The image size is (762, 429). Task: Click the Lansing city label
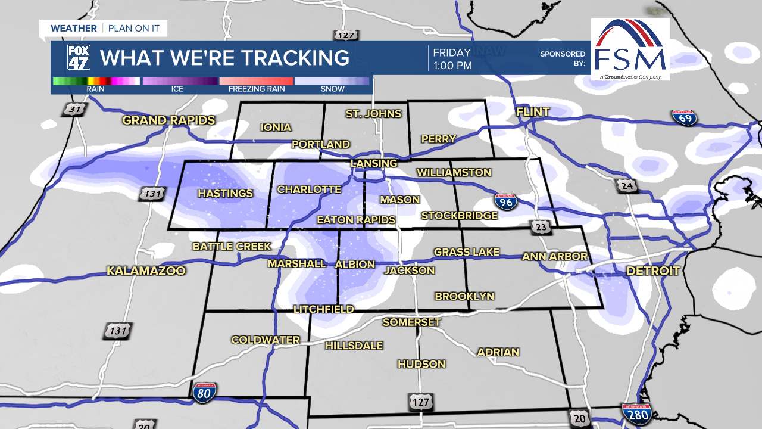click(x=373, y=163)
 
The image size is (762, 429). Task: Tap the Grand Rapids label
click(x=168, y=120)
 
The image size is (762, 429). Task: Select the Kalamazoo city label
click(x=146, y=271)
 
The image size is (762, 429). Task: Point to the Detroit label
click(x=652, y=271)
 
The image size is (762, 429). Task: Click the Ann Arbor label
click(x=555, y=257)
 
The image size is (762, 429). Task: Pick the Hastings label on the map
click(x=225, y=194)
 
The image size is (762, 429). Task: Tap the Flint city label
click(x=533, y=112)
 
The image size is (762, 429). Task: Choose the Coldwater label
click(x=266, y=340)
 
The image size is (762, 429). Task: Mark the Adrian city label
click(x=498, y=352)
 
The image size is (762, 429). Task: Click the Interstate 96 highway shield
click(x=505, y=202)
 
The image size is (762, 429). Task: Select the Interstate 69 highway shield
click(x=684, y=117)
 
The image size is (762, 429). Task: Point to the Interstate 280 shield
click(x=636, y=413)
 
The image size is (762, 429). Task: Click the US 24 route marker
click(x=627, y=186)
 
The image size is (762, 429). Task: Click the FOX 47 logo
click(x=79, y=58)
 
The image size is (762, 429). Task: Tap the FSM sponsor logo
click(x=630, y=49)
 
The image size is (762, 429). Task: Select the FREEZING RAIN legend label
click(x=257, y=89)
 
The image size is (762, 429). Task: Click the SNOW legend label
click(x=332, y=89)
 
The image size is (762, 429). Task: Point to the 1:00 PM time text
click(x=452, y=66)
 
